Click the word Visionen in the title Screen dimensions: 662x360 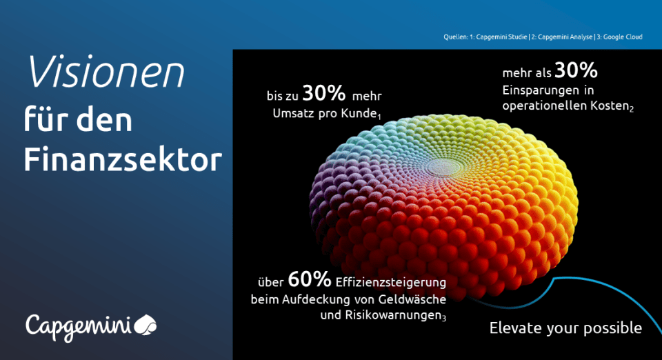[x=106, y=72]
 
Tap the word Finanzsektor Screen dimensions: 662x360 [x=123, y=160]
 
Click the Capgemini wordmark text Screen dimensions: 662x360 [x=79, y=327]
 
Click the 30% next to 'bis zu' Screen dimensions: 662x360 [x=324, y=93]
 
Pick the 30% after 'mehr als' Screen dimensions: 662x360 [x=576, y=70]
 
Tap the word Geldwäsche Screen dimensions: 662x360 [x=412, y=299]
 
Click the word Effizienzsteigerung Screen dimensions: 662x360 [x=391, y=281]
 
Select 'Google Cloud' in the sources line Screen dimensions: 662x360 [x=623, y=37]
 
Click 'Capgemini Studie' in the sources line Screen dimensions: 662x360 [x=501, y=37]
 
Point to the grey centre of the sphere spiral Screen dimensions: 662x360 [x=443, y=167]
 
